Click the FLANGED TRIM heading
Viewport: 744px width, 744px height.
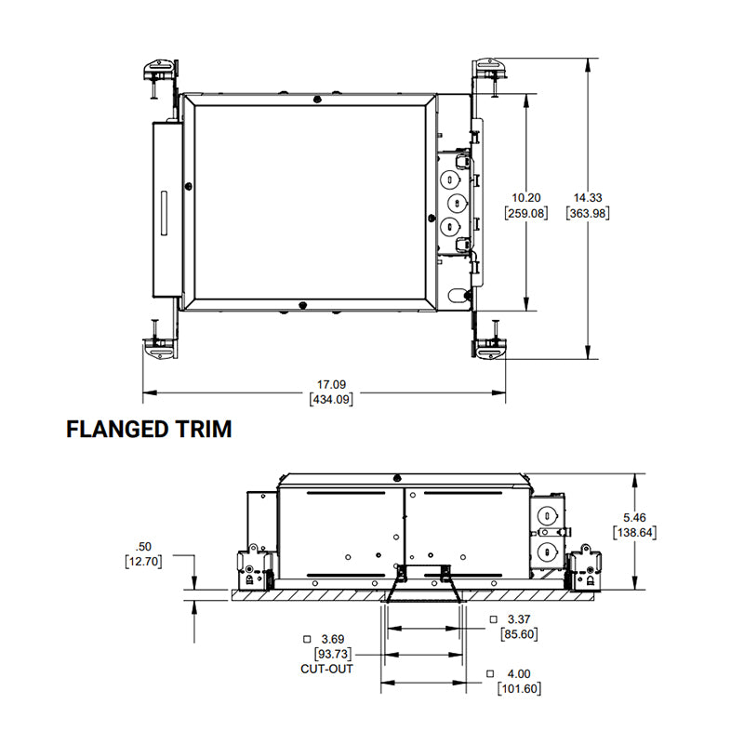click(x=149, y=429)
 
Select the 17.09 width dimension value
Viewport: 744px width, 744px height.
click(x=331, y=384)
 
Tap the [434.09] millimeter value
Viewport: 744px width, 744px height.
click(x=331, y=400)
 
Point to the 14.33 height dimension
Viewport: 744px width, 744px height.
click(x=588, y=198)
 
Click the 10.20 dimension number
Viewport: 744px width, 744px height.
click(x=525, y=198)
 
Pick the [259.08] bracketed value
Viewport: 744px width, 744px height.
click(x=525, y=213)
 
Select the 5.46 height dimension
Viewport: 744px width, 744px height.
click(x=634, y=517)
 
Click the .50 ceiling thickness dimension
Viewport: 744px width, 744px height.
click(x=143, y=547)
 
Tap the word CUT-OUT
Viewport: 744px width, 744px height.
click(x=327, y=669)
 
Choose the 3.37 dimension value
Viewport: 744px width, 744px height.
click(x=519, y=619)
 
